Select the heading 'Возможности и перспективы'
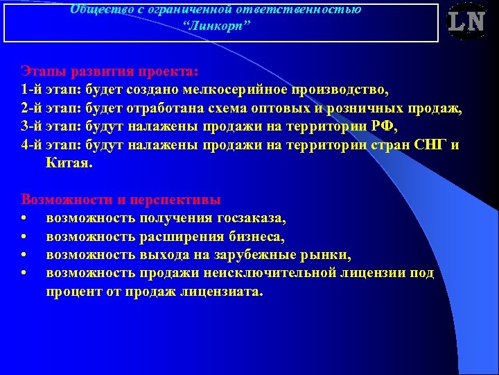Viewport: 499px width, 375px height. click(x=121, y=200)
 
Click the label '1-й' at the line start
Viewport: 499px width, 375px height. click(x=33, y=90)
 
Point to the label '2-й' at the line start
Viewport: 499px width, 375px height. click(x=33, y=109)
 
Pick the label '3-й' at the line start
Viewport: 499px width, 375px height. click(x=33, y=127)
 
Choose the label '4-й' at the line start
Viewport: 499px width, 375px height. click(x=33, y=146)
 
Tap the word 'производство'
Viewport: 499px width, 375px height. click(x=344, y=90)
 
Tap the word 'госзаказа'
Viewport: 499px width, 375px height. click(x=250, y=218)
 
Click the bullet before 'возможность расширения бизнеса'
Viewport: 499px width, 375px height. click(x=24, y=237)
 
